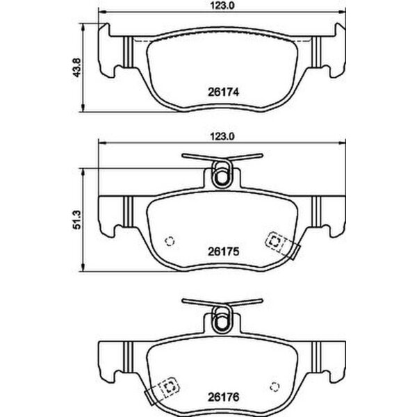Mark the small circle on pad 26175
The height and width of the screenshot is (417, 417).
click(x=169, y=241)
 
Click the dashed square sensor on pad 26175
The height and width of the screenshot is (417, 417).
click(x=275, y=242)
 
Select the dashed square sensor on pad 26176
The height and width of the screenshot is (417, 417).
click(x=169, y=387)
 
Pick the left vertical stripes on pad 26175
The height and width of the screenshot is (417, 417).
click(x=127, y=207)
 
